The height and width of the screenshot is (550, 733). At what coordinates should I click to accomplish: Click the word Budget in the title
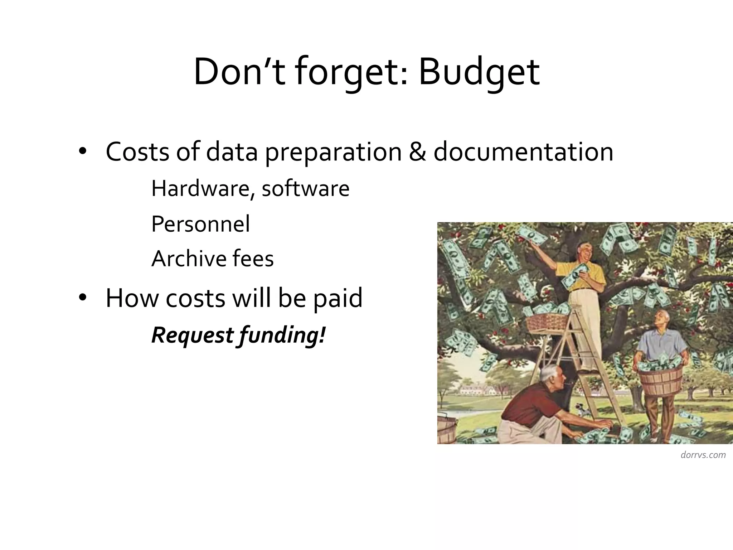(479, 73)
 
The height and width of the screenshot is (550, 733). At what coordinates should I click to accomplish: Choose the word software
(305, 188)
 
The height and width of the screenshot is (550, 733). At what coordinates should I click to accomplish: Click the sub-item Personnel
(200, 224)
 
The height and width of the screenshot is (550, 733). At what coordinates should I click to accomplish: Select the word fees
(253, 259)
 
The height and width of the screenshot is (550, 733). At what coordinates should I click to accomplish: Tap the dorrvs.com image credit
(703, 455)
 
